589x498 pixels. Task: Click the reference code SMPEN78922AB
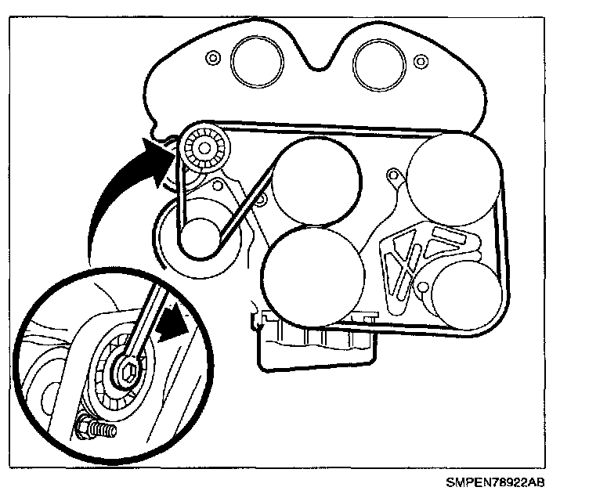click(517, 483)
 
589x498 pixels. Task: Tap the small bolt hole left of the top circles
click(210, 59)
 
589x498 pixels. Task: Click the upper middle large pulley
click(317, 182)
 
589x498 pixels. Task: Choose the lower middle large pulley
click(313, 274)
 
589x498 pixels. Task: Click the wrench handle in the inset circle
click(149, 329)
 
